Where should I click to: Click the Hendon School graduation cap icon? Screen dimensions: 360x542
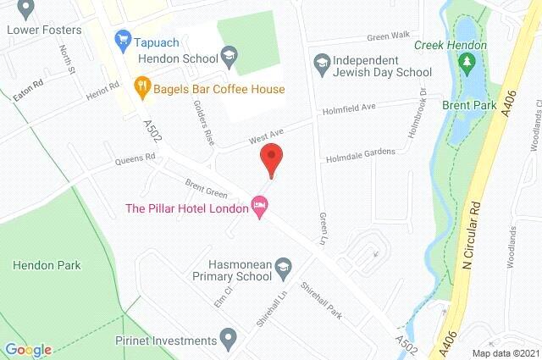tap(228, 56)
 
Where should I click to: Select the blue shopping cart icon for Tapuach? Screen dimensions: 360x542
tap(124, 38)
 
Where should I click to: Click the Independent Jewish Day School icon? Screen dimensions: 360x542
tap(322, 61)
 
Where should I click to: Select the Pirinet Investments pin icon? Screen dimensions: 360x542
tap(226, 340)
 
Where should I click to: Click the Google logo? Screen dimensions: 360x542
tap(28, 350)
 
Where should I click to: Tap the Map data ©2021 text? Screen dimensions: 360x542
tap(505, 352)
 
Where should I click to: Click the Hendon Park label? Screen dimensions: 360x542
tap(47, 265)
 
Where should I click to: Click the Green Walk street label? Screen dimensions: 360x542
tap(388, 36)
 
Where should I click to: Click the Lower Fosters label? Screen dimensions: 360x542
tap(43, 30)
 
